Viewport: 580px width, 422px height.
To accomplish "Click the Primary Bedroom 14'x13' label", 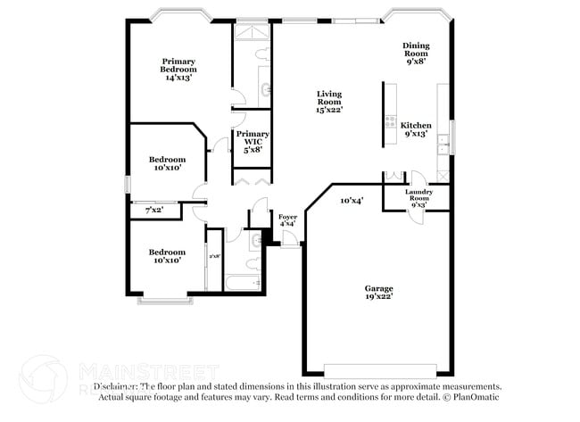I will pos(178,70).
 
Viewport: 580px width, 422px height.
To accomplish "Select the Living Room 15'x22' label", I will pos(329,102).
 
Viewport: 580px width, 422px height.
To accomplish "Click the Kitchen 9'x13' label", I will pos(416,130).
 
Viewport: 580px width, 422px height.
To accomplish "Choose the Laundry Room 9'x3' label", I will pos(418,198).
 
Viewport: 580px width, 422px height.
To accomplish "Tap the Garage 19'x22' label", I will pos(378,293).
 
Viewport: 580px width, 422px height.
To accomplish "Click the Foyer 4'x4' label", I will pos(287,220).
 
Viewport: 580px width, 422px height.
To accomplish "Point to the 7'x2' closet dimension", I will pos(154,211).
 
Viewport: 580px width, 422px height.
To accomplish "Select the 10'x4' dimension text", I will pos(352,201).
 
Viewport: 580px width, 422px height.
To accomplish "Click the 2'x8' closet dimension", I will pos(214,257).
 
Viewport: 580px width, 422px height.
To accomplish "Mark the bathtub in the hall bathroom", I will pos(241,285).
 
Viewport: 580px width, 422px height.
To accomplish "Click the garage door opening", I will pos(380,369).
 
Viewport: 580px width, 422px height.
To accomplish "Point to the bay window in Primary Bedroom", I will pos(178,17).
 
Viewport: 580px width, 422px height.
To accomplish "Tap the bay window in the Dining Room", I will pos(417,17).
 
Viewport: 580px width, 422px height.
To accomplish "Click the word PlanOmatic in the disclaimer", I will pos(477,397).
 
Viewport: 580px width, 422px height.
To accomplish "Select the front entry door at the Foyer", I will pos(289,239).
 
